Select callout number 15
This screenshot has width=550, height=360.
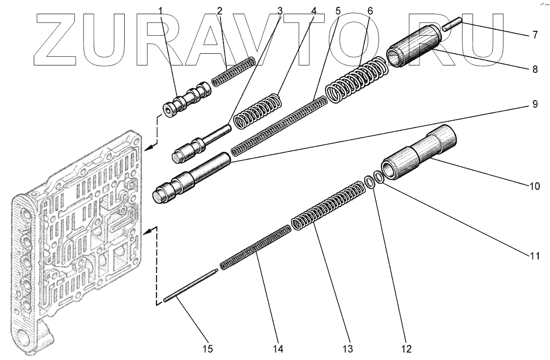coord(208,349)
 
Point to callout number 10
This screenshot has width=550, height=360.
coord(534,186)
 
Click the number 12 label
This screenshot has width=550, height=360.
coord(406,349)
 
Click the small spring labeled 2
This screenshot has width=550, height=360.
coord(233,72)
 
